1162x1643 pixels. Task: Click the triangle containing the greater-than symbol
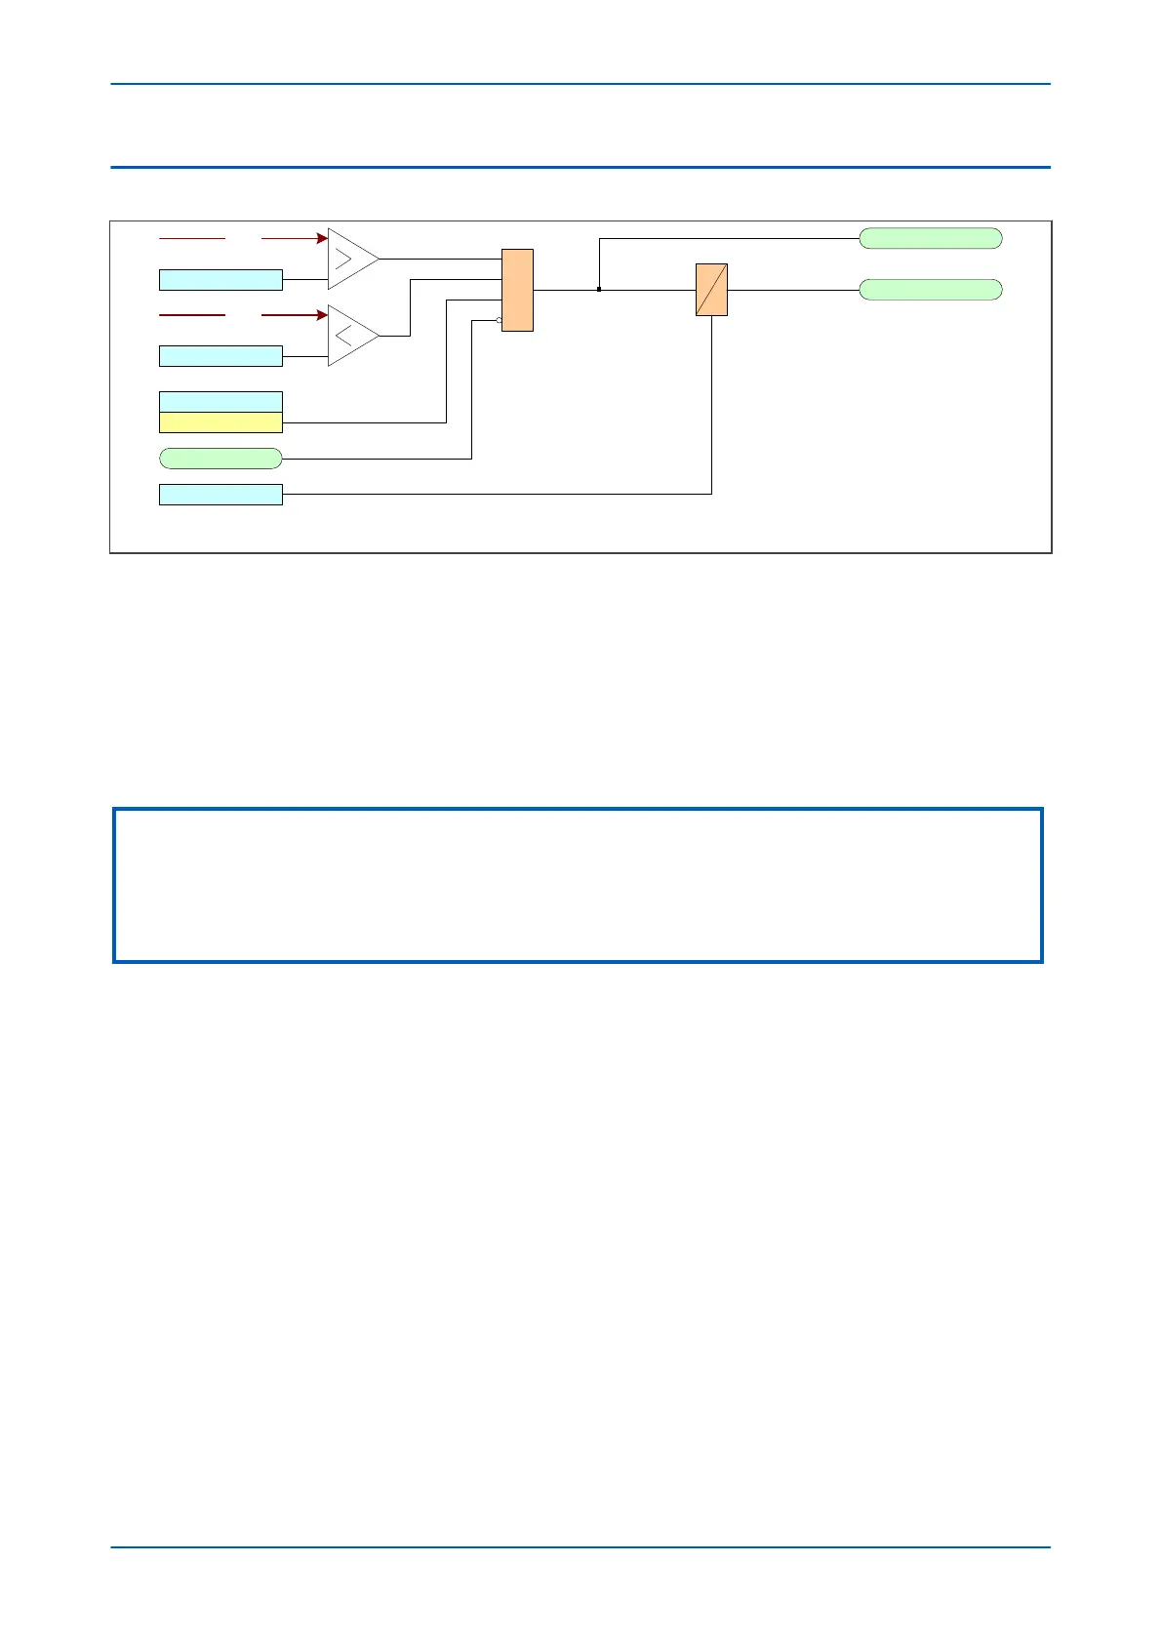pos(349,259)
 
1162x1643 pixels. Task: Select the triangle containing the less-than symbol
pos(349,336)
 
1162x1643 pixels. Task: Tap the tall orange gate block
pos(517,290)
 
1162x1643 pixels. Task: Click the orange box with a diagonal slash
pos(711,290)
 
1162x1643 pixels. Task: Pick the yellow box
pos(220,422)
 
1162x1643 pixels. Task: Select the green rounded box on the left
pos(220,458)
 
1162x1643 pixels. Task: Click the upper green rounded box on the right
pos(930,238)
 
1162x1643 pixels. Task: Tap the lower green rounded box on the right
pos(930,290)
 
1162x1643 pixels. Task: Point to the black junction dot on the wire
pos(598,290)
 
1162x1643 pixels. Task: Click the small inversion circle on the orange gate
pos(500,320)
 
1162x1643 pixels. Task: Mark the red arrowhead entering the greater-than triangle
pos(322,237)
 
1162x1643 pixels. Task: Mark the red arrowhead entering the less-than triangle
pos(322,314)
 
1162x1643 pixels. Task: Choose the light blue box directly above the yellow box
pos(220,402)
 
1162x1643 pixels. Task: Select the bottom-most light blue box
pos(220,494)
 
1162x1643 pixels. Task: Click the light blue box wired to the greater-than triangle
pos(220,280)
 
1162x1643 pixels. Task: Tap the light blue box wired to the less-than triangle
pos(220,356)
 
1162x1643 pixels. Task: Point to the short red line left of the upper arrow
pos(192,237)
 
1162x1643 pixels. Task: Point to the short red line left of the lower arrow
pos(192,314)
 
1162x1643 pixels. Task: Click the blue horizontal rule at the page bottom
pos(581,1546)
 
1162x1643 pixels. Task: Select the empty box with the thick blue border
pos(579,885)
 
